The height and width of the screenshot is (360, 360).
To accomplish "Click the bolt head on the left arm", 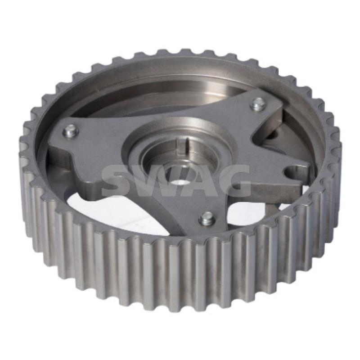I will click(x=71, y=131).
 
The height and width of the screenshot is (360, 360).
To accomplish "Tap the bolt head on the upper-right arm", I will click(x=258, y=104).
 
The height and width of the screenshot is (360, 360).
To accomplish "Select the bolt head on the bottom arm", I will click(x=207, y=218).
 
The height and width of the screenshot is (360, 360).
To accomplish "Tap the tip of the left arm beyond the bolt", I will click(x=53, y=135).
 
